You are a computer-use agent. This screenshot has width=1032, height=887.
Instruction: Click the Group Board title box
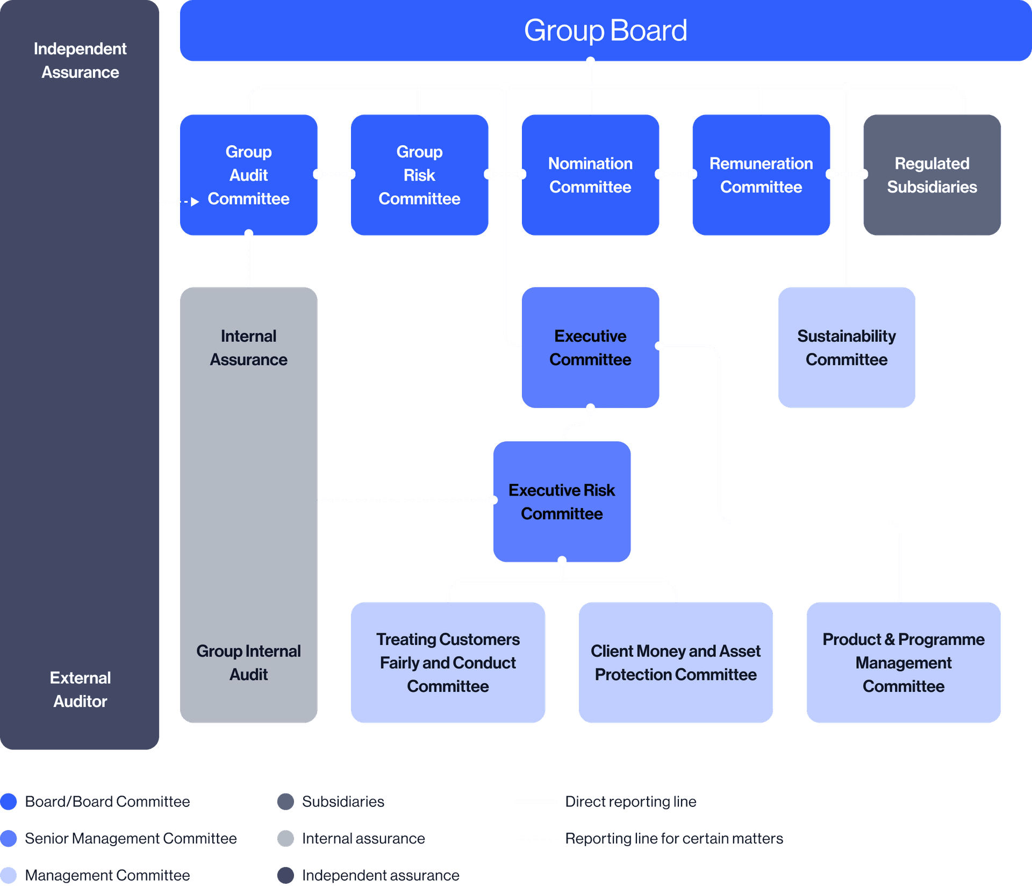(605, 31)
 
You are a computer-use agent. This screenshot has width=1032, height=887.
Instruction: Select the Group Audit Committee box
(248, 175)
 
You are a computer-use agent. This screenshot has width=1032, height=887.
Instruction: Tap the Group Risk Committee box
(419, 175)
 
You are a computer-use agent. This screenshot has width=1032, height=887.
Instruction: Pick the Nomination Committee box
(590, 175)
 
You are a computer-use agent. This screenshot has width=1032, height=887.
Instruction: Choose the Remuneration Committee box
(761, 175)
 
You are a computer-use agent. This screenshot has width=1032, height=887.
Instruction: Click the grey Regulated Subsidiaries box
(932, 175)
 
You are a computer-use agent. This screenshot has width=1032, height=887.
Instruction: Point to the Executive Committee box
(590, 347)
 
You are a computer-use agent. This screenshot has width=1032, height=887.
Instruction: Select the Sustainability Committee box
(847, 347)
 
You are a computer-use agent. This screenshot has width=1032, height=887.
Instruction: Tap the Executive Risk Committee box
(562, 502)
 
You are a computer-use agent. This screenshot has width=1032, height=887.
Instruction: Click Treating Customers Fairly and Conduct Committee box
(448, 662)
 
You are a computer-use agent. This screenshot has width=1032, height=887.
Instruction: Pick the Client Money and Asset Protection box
(676, 662)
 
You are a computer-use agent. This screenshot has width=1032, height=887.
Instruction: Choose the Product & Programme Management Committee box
(904, 662)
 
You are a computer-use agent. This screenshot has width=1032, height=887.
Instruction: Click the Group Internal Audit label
(248, 662)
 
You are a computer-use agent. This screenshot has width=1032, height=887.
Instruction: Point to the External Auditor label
(80, 689)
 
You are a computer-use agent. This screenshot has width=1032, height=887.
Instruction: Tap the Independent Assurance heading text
(80, 60)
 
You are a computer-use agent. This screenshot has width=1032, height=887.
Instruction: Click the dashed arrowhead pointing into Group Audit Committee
(195, 202)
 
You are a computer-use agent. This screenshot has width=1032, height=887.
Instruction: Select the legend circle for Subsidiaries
(285, 802)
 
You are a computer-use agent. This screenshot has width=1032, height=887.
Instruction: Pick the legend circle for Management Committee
(9, 875)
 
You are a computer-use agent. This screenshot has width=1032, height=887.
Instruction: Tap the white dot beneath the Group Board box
(590, 61)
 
